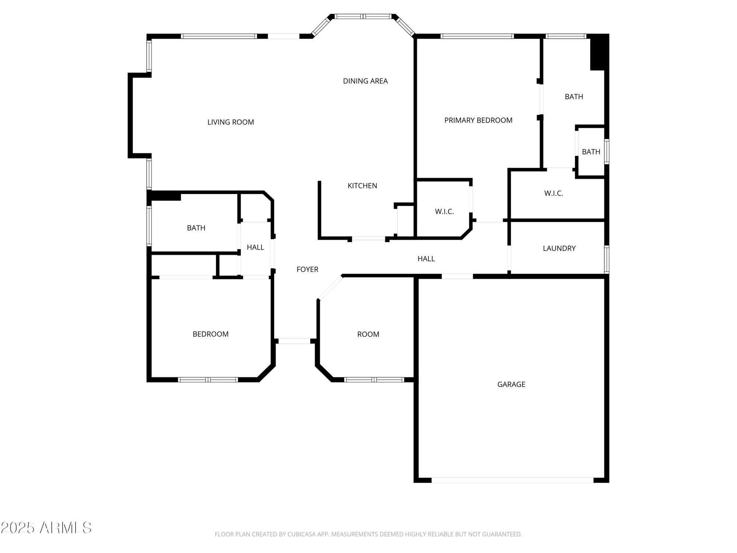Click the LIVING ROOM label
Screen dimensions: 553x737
tap(231, 122)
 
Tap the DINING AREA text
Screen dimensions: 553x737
tap(365, 81)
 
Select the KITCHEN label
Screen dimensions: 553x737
tap(362, 186)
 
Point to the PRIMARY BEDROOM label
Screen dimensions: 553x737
tap(478, 120)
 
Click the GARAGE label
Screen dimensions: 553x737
tap(511, 385)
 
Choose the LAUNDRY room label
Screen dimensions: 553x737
tap(559, 248)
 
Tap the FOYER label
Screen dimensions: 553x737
tap(307, 269)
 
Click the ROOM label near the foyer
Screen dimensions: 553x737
tap(368, 334)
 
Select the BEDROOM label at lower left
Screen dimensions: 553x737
tap(210, 334)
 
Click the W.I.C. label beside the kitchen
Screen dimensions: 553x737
tap(444, 212)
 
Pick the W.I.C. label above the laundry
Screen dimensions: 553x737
tap(553, 193)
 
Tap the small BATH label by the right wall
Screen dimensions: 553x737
tap(591, 152)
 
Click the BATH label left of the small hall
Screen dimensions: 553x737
tap(196, 228)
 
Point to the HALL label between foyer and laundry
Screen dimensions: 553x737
tap(426, 259)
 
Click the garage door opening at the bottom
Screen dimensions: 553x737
tap(512, 480)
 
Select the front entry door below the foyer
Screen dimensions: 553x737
tap(294, 341)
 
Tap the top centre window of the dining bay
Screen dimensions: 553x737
tap(363, 17)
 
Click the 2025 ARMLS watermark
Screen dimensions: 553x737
tap(46, 528)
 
